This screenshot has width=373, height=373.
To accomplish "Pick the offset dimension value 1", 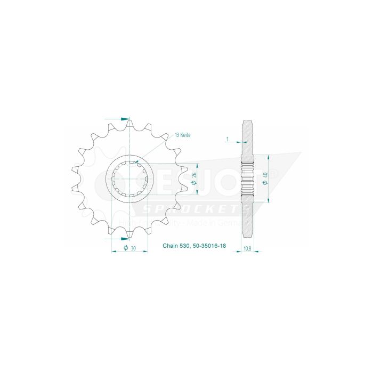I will point(227,140).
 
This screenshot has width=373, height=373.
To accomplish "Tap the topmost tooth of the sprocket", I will point(130,124).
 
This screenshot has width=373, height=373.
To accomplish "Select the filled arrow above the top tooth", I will point(125,118).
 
